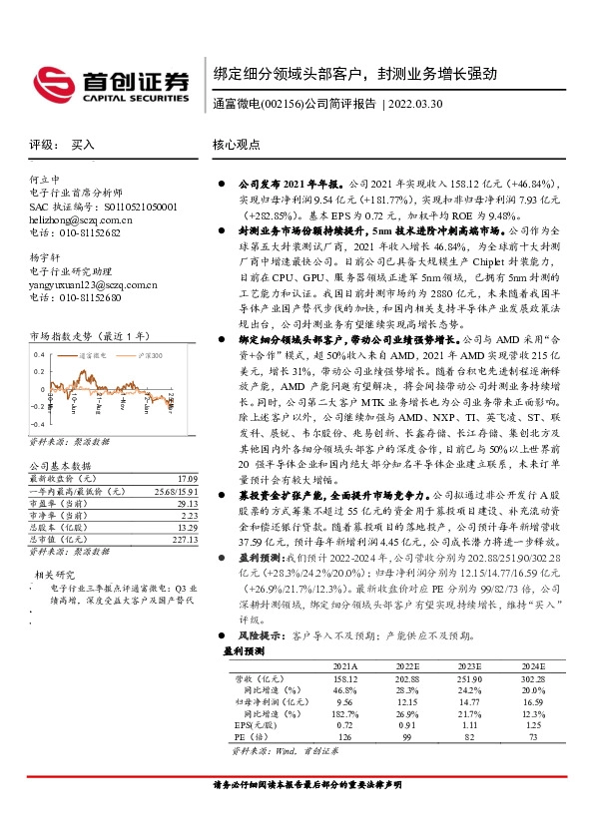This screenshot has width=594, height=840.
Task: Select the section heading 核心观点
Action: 237,145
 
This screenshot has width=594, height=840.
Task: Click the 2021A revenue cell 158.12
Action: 343,677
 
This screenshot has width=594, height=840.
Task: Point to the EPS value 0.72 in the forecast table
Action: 343,725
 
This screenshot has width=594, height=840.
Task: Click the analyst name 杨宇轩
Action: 45,257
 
